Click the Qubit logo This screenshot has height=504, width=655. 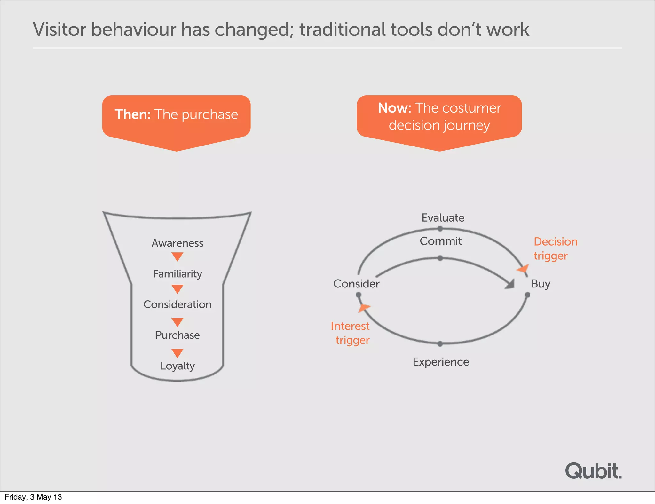[593, 471]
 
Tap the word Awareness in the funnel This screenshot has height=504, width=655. [178, 243]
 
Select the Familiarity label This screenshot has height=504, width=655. [178, 274]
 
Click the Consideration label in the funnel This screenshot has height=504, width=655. [178, 304]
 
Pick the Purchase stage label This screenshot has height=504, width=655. [178, 335]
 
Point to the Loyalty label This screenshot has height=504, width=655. [178, 366]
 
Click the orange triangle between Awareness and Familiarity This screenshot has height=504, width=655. [177, 256]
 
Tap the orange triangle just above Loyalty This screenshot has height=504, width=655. [177, 353]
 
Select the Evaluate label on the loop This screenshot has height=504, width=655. [443, 218]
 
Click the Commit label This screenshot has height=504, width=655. [440, 241]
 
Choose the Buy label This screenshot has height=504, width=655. [541, 284]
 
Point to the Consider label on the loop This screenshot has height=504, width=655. [356, 284]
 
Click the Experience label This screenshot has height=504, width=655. [441, 362]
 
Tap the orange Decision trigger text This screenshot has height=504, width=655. [555, 248]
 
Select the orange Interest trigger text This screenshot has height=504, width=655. [351, 333]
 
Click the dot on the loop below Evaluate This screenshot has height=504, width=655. [440, 229]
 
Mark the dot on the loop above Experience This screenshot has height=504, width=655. [440, 344]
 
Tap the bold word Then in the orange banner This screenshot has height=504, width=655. [132, 114]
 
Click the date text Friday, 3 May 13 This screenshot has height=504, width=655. [33, 497]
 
